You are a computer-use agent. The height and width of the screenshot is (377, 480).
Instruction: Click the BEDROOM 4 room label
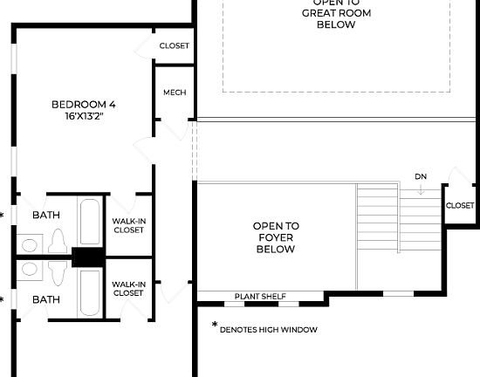click(x=84, y=105)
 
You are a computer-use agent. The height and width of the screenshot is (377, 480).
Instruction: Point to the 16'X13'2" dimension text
click(x=84, y=116)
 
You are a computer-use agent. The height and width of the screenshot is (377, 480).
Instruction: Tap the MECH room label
click(x=175, y=93)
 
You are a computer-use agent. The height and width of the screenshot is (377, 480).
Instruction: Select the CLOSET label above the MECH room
click(x=175, y=46)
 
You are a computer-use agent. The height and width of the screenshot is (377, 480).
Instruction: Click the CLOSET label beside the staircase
click(x=460, y=206)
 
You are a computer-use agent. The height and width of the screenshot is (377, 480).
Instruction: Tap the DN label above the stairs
click(x=421, y=176)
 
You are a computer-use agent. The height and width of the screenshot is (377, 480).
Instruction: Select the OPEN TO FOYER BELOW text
click(x=276, y=237)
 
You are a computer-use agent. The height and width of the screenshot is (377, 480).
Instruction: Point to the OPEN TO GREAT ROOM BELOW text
click(x=336, y=14)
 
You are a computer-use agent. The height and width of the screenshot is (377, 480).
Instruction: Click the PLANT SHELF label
click(x=260, y=297)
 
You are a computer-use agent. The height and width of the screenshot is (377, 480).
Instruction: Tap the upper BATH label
click(x=46, y=215)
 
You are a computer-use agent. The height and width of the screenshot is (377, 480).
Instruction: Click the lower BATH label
click(x=46, y=299)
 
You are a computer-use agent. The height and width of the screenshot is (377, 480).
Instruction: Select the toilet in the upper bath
click(x=59, y=240)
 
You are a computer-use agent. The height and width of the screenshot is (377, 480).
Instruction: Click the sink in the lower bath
click(x=30, y=269)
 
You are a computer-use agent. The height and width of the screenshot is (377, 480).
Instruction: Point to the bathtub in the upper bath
click(x=90, y=223)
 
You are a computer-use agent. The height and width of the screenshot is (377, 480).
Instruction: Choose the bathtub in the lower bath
click(x=90, y=291)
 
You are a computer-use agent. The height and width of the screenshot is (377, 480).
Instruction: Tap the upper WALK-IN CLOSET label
click(x=128, y=226)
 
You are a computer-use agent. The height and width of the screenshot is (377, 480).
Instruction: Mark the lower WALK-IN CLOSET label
click(x=128, y=288)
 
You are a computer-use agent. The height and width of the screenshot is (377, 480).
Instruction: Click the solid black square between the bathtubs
click(x=88, y=257)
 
